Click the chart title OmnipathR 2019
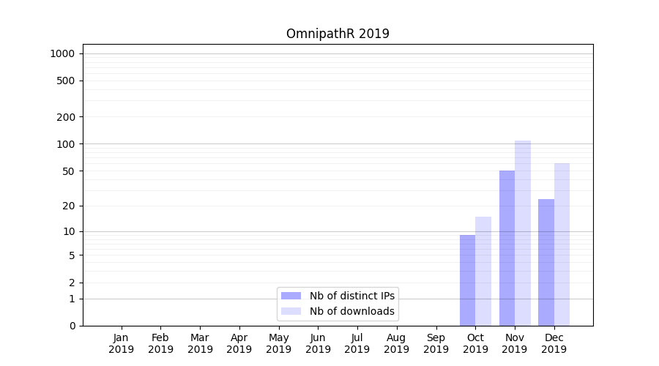pyautogui.click(x=338, y=34)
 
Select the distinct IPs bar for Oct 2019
pyautogui.click(x=467, y=280)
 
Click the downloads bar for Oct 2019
pyautogui.click(x=483, y=271)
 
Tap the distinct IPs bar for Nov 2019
pyautogui.click(x=507, y=248)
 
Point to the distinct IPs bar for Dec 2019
pyautogui.click(x=546, y=262)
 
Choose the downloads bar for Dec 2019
pyautogui.click(x=562, y=244)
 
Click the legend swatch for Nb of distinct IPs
pyautogui.click(x=291, y=296)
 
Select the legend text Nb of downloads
pyautogui.click(x=351, y=311)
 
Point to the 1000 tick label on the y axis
pyautogui.click(x=62, y=53)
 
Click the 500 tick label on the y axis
pyautogui.click(x=66, y=81)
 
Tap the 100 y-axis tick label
pyautogui.click(x=66, y=144)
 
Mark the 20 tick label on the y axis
pyautogui.click(x=69, y=206)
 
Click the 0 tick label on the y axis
pyautogui.click(x=72, y=326)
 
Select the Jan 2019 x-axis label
pyautogui.click(x=122, y=343)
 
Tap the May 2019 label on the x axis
pyautogui.click(x=279, y=343)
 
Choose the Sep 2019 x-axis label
pyautogui.click(x=436, y=343)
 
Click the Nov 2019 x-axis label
pyautogui.click(x=515, y=343)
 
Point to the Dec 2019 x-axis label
pyautogui.click(x=554, y=343)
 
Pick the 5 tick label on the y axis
pyautogui.click(x=72, y=255)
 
